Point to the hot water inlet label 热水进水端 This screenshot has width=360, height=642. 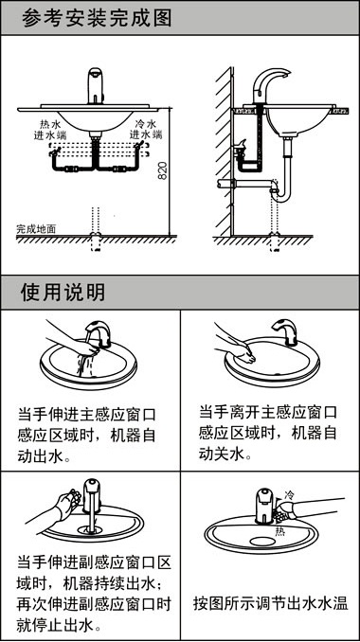53,131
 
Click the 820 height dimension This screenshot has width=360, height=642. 162,171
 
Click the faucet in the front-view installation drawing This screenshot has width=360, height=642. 94,86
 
